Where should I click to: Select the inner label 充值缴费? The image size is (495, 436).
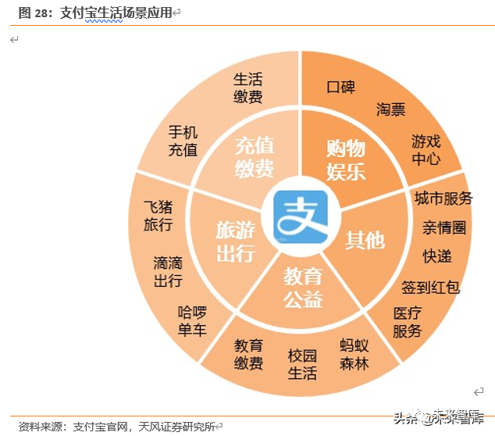(255, 157)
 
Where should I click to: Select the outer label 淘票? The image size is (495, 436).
(391, 109)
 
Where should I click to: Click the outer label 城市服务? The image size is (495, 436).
(443, 198)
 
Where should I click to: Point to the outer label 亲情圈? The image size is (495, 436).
(444, 227)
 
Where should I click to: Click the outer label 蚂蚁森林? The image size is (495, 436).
(354, 354)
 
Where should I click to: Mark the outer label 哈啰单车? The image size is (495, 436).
(192, 320)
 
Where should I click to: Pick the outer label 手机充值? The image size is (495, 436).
(183, 141)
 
